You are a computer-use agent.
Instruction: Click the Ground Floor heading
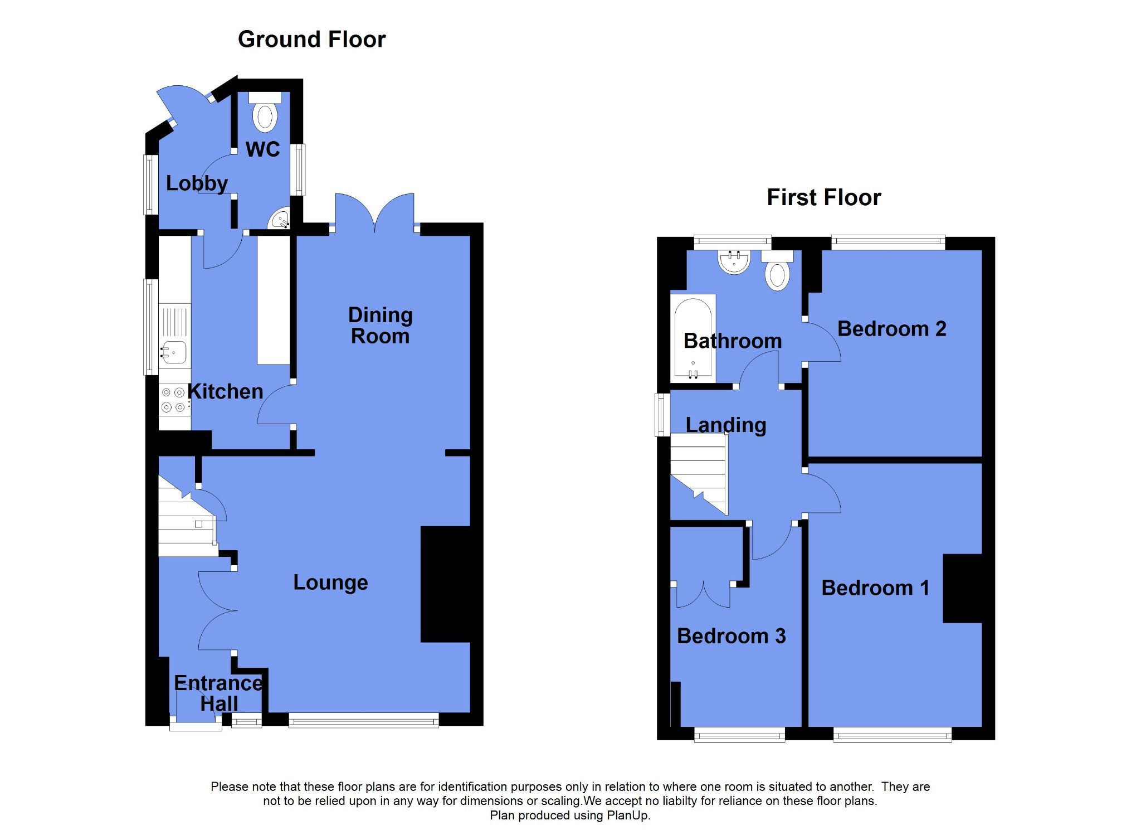coord(311,40)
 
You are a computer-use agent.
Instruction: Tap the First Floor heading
coord(823,198)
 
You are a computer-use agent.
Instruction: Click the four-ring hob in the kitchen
coord(173,400)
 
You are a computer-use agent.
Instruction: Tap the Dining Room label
coord(381,326)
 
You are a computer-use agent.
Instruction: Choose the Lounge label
coord(330,583)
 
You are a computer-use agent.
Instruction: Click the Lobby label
coord(197,183)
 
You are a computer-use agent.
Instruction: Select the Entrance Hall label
coord(218,693)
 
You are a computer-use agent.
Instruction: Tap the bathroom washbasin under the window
coord(734,262)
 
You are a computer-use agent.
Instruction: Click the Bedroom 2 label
coord(891,329)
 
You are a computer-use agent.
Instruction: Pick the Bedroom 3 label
coord(731,636)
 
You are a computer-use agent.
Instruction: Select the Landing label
coord(725,425)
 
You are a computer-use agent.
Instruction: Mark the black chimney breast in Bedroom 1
coord(962,588)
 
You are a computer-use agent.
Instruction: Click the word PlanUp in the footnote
coord(631,816)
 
